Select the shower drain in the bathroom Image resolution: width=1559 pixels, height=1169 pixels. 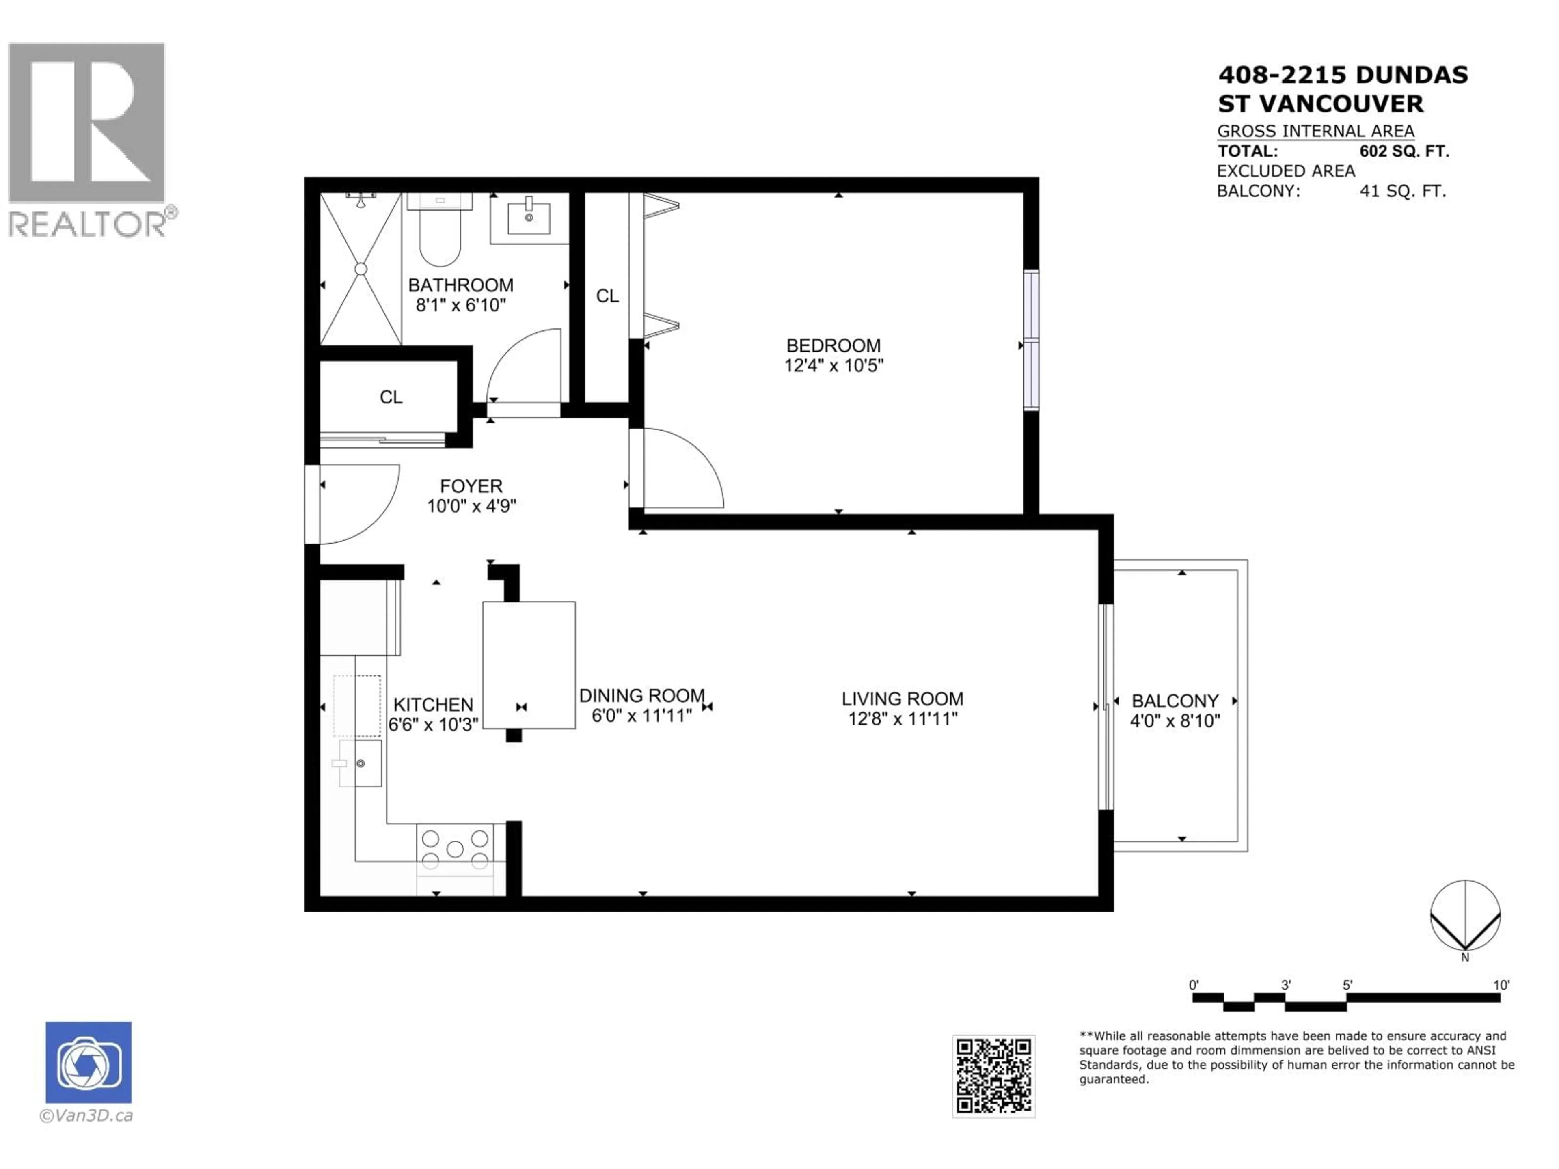pos(361,269)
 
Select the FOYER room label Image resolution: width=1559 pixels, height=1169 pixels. pos(471,486)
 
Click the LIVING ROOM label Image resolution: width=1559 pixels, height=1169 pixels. pos(902,699)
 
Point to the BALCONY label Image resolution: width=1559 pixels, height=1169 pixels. pos(1175,701)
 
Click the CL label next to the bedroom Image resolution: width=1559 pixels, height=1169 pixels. pos(607,296)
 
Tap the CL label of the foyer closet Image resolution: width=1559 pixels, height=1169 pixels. pos(391,397)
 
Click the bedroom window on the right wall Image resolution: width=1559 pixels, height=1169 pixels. pos(1031,340)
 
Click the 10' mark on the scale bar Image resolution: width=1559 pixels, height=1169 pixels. pos(1501,985)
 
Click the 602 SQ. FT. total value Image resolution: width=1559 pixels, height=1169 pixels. pos(1404,151)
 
